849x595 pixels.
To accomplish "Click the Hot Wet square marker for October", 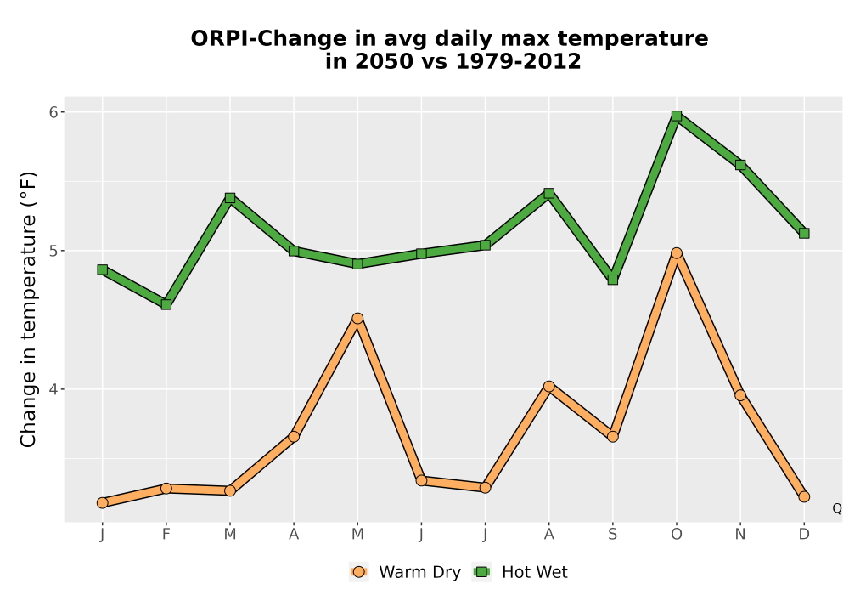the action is click(677, 116).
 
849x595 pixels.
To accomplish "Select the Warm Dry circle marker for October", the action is click(677, 253).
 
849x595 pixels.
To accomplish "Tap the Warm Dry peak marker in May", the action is click(357, 318).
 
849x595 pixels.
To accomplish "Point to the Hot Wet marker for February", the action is click(166, 304).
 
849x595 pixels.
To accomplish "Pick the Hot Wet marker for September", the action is click(612, 280).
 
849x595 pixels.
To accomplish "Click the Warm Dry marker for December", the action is click(804, 496).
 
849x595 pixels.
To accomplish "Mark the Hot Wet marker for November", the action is click(740, 165).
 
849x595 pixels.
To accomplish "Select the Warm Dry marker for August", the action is click(549, 387).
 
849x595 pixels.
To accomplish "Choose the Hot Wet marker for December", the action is click(804, 233).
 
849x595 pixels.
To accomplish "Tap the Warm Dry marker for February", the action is click(166, 488).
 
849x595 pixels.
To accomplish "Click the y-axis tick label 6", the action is click(53, 112).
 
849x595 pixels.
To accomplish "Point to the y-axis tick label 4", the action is click(53, 389).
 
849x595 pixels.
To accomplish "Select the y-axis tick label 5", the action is click(53, 251).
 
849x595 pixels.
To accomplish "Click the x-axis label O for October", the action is click(677, 535).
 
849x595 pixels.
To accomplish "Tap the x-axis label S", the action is click(612, 535).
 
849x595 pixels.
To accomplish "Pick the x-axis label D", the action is click(804, 535).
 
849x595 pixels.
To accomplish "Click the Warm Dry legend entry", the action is click(405, 572).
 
